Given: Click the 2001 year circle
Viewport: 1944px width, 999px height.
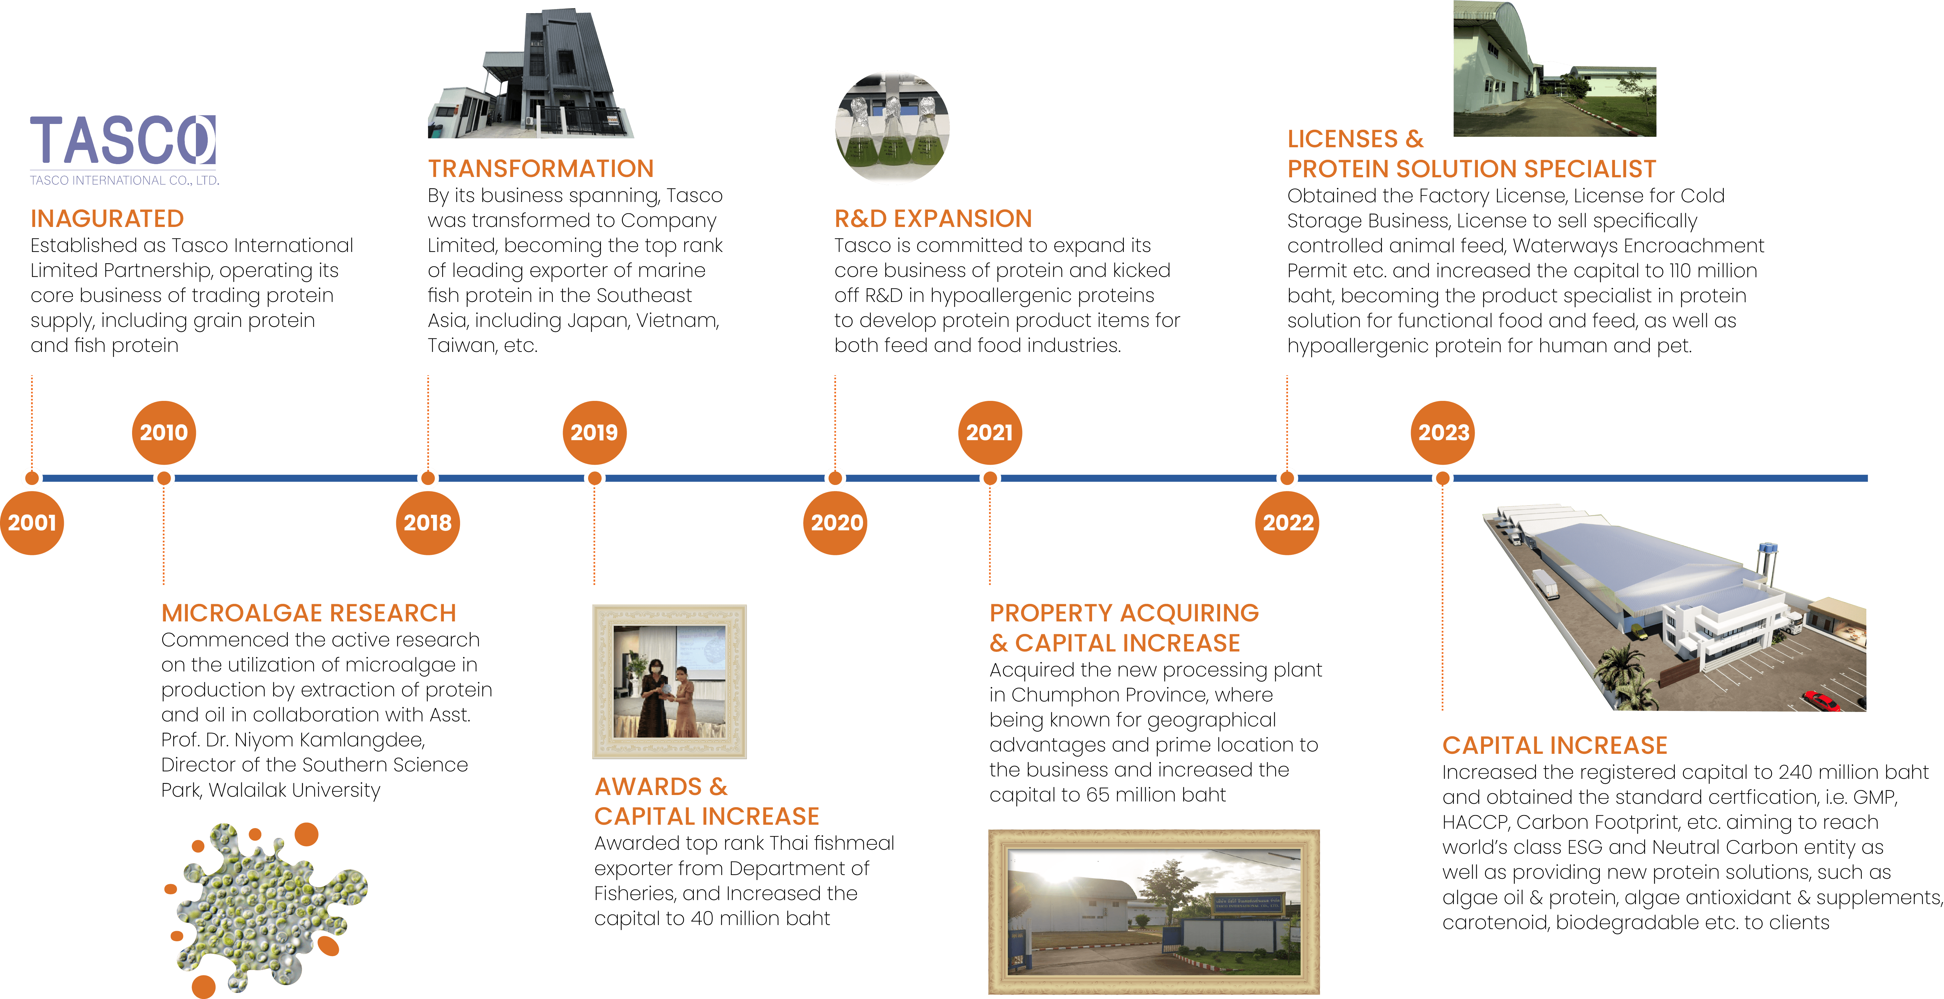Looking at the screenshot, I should (32, 523).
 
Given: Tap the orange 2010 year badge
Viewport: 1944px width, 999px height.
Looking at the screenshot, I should (164, 432).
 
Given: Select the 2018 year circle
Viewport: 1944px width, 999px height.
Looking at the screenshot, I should (427, 523).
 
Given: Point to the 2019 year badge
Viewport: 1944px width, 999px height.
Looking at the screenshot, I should (594, 432).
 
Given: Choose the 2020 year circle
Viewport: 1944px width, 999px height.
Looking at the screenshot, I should (836, 523).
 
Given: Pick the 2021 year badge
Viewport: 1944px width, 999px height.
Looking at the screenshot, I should (989, 432).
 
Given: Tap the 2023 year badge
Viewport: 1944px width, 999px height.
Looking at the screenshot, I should (1443, 432).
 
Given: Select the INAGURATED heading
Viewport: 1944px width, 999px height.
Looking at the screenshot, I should (107, 219).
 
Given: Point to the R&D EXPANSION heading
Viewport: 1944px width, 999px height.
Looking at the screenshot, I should (933, 219).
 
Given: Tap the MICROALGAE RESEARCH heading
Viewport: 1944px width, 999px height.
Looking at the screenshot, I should (309, 613).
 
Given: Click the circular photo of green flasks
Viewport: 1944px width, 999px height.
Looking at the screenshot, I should (892, 128).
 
